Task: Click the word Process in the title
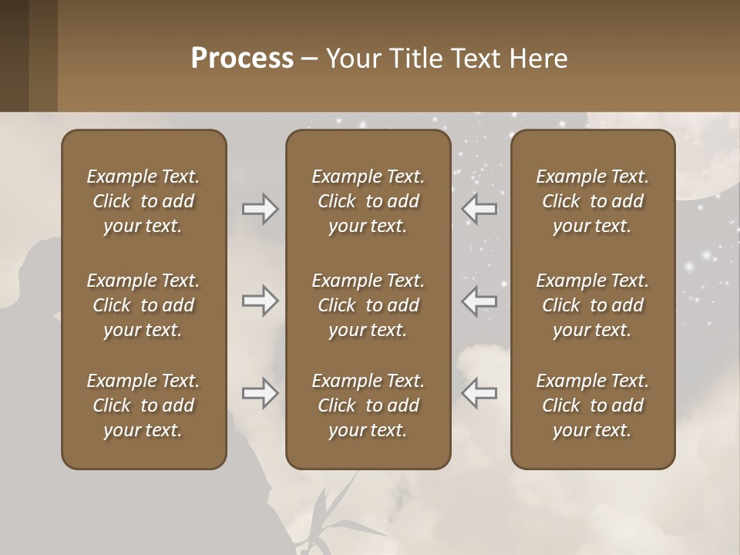pos(242,59)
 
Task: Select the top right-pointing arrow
pos(261,209)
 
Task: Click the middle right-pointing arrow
pos(261,301)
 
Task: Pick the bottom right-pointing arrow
pos(261,393)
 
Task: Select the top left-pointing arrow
pos(479,209)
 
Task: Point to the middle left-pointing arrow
pos(479,301)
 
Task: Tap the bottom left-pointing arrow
pos(479,393)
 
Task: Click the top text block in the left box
pos(143,201)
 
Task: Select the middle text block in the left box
pos(143,305)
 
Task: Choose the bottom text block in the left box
pos(143,405)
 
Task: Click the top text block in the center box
pos(368,201)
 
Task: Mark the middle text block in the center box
pos(368,305)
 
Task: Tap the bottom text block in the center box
pos(368,405)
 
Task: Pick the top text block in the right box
pos(593,201)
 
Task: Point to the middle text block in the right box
pos(593,305)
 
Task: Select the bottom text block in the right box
pos(593,405)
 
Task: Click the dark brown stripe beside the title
pos(14,55)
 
